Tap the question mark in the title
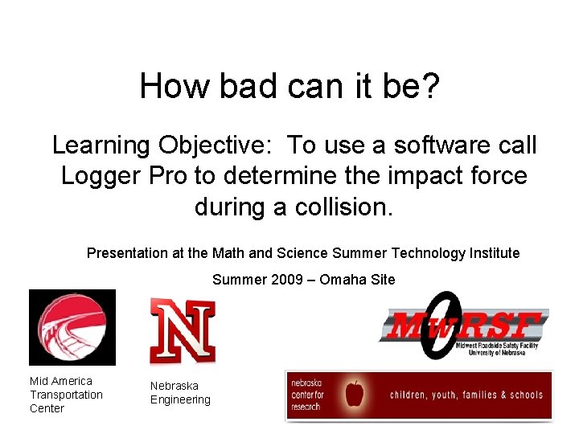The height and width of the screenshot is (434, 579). pos(431,85)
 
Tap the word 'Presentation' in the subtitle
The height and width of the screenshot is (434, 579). pos(127,253)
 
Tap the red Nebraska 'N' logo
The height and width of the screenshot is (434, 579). pos(183,330)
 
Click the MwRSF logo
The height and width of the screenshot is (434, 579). pos(465,325)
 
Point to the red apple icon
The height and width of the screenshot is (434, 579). pos(354,394)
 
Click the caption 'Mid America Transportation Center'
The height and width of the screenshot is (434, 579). pos(66,395)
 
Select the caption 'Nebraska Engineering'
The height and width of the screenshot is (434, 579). pos(180,393)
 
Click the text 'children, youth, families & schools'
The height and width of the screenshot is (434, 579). pos(466,395)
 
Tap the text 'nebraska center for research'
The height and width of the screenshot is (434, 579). pos(307,394)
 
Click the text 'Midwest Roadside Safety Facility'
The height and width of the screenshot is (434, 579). pos(501,346)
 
